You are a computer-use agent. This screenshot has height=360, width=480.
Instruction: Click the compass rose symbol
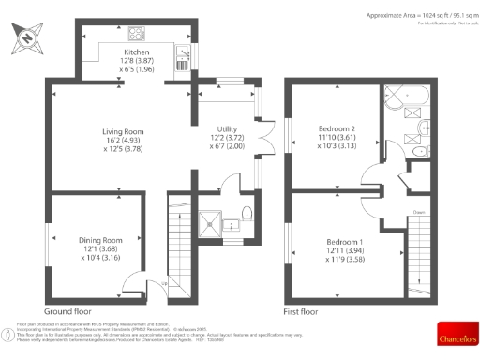pos(27,39)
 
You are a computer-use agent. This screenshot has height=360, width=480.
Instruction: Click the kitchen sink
pos(180,61)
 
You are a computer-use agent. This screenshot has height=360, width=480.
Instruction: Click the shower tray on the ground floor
pos(206,221)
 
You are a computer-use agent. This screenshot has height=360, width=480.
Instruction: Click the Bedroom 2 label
pos(334,137)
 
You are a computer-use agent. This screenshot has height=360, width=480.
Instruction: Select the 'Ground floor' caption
pos(67,310)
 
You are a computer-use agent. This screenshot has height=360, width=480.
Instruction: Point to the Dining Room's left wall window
pos(49,244)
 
